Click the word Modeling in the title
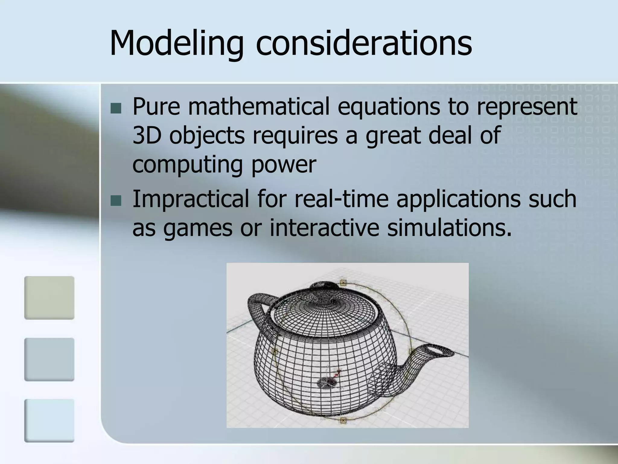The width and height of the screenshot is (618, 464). (177, 44)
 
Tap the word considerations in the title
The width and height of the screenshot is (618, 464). (364, 44)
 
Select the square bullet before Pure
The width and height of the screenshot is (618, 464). (116, 108)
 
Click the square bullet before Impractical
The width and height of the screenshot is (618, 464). (116, 201)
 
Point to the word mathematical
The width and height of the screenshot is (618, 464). (258, 107)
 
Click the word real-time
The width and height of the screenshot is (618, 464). (341, 199)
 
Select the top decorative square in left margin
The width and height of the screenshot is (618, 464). (49, 298)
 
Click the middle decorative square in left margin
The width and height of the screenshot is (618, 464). (49, 359)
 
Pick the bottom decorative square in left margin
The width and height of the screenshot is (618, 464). (49, 420)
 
